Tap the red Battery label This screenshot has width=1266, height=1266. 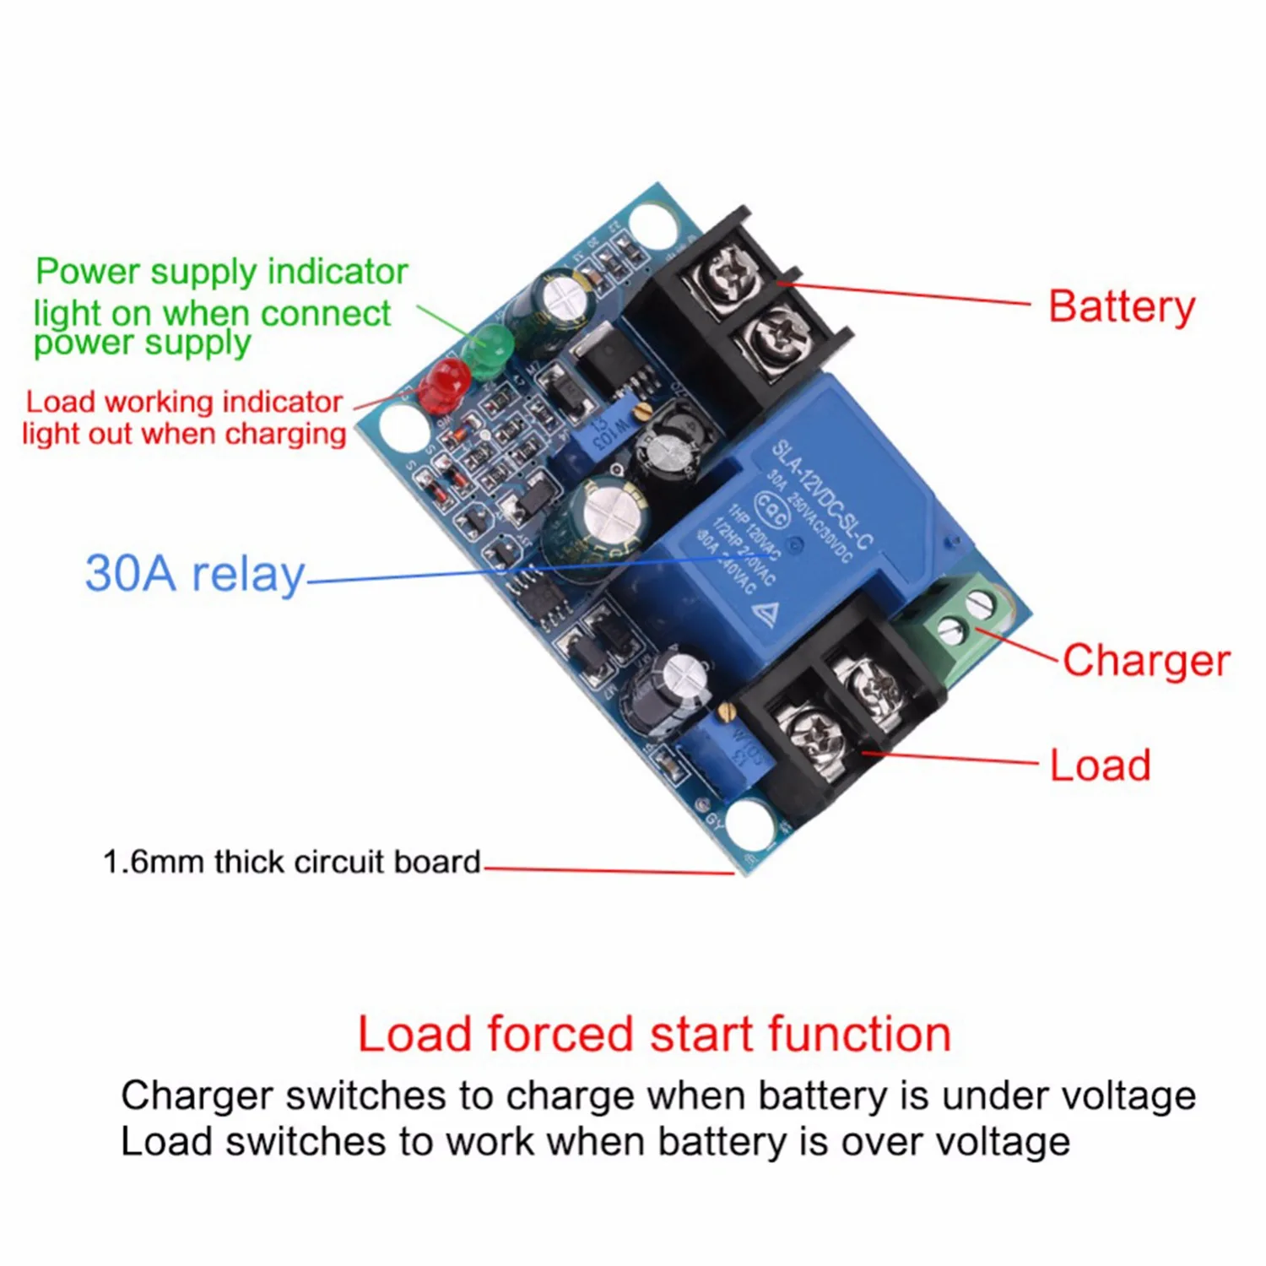click(1121, 306)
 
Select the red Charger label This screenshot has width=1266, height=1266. click(1145, 660)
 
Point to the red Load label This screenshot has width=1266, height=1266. click(1100, 766)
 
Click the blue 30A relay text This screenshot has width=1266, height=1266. click(195, 574)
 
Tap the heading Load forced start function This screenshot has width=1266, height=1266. click(654, 1034)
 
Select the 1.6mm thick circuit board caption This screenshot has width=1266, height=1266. click(291, 862)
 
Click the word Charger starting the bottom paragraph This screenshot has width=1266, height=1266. click(197, 1096)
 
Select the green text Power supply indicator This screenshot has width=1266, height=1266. click(221, 272)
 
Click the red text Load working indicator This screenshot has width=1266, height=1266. click(184, 402)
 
